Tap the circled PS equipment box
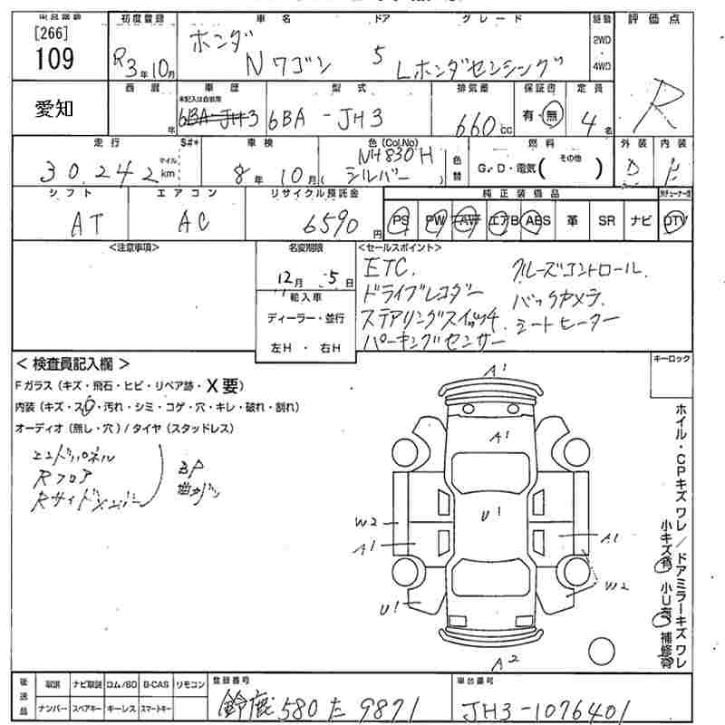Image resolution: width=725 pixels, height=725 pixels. point(401,221)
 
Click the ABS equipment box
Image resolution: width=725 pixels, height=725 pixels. point(537,221)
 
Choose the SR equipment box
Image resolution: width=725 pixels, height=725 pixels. point(606,221)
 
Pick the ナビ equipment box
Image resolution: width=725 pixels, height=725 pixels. point(641,221)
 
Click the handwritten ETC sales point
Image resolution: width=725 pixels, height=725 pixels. point(389,269)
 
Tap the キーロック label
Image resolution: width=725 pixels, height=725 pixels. point(672,360)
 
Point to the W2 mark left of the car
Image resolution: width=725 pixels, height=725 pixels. point(367,522)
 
